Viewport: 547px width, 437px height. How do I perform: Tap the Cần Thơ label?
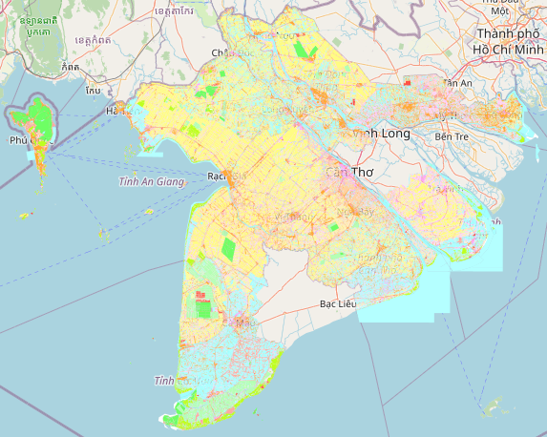347,173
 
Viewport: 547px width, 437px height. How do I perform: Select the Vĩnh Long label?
382,134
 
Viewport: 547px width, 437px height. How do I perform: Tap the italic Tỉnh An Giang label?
151,181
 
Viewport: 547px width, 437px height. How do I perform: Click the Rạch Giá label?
226,177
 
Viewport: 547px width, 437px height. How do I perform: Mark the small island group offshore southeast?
493,408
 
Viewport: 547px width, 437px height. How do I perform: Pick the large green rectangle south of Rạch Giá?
228,248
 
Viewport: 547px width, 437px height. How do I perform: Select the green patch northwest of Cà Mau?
203,307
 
